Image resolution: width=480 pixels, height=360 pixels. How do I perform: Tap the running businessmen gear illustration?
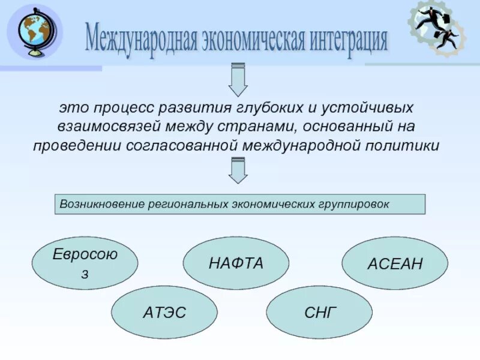[x=437, y=28]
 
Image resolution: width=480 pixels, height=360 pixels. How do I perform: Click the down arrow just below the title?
[x=238, y=82]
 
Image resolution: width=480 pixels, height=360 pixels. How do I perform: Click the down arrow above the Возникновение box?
[x=238, y=170]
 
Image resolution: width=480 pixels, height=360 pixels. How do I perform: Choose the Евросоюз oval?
[x=85, y=263]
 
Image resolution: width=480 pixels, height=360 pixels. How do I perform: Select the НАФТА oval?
[x=236, y=263]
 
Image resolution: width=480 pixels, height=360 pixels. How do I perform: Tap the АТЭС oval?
[x=164, y=312]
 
